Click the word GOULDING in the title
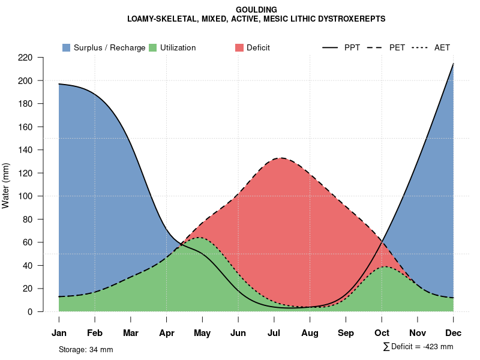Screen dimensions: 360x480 coord(256,10)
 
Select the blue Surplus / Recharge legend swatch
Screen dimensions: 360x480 coord(66,47)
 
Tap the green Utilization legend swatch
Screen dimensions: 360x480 coord(153,47)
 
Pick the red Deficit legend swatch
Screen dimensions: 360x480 coord(239,47)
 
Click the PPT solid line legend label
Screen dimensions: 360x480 coord(352,47)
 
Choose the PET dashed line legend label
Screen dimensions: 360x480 coord(397,47)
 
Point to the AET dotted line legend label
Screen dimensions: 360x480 coord(442,47)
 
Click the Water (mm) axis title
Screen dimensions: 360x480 coord(6,185)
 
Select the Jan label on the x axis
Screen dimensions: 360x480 coord(59,333)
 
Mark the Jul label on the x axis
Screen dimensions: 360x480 coord(274,333)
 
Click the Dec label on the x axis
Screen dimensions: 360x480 coord(454,333)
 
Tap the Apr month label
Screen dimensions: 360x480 coord(167,333)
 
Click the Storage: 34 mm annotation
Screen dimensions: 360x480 coord(86,349)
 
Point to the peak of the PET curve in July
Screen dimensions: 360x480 coord(280,158)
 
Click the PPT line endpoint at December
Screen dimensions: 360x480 coord(454,63)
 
